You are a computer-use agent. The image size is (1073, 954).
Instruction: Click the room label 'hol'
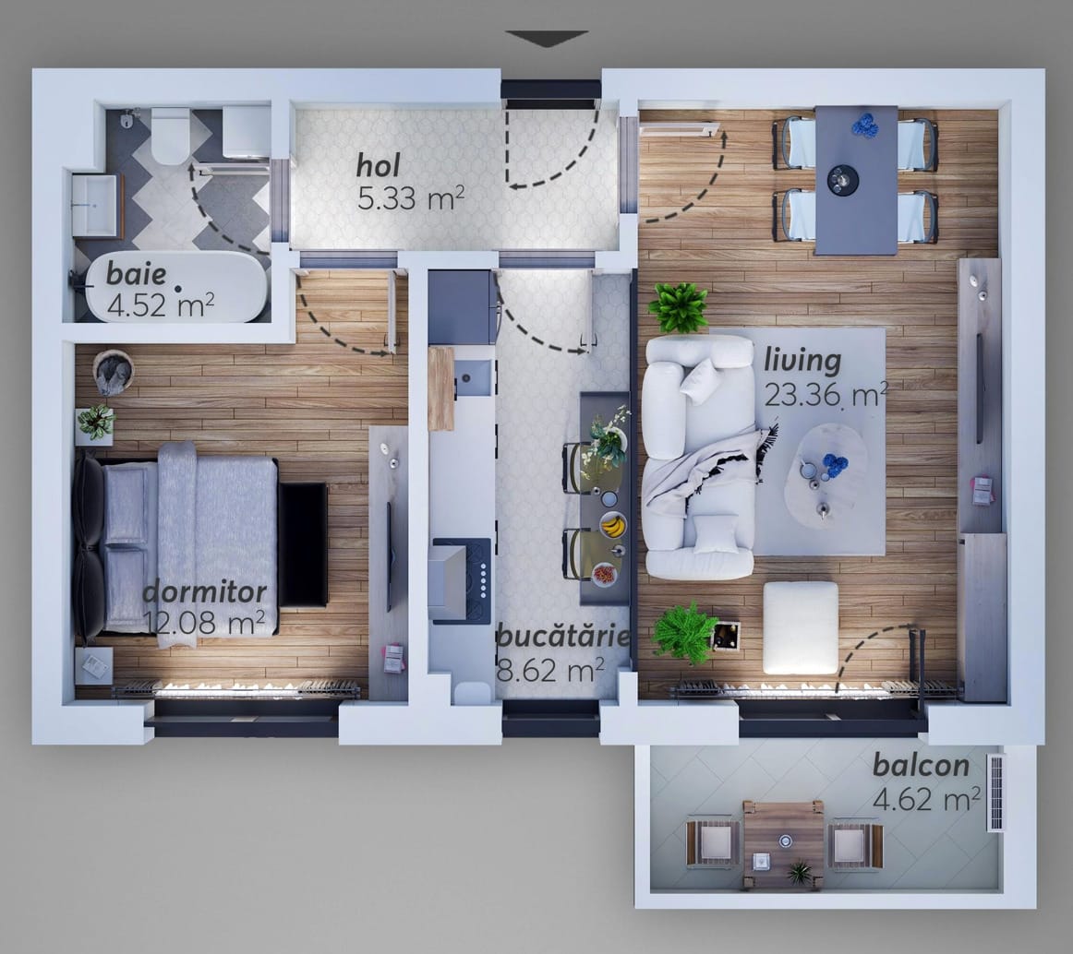tap(379, 166)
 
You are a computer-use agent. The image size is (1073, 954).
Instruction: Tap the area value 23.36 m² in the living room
tap(826, 395)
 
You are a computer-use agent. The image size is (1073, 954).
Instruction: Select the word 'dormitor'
tap(204, 592)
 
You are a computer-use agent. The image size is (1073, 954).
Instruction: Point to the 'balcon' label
tap(921, 766)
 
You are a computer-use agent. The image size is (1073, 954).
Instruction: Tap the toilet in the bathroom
tap(170, 135)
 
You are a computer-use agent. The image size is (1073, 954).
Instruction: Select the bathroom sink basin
tap(95, 205)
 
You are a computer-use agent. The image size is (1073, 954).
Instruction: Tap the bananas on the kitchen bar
tap(613, 525)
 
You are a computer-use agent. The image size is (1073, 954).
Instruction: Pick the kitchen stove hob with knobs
tap(462, 580)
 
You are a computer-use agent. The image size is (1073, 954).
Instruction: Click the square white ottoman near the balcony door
tap(801, 627)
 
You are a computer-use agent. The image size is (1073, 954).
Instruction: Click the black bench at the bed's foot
tap(303, 544)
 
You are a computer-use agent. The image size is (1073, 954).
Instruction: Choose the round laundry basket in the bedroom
tap(113, 373)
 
